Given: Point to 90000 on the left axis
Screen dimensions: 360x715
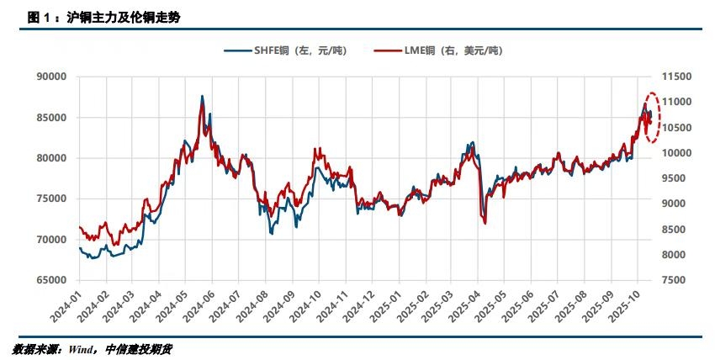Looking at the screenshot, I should point(51,77).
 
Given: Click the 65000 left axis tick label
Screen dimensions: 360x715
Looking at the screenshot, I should point(51,280).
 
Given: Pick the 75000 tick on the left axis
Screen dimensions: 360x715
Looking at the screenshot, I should point(51,199).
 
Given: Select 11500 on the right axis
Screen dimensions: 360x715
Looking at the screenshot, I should point(677,77).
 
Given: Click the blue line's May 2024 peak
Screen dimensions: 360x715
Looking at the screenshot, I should point(202,97).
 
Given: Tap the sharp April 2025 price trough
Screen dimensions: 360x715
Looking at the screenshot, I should point(485,222).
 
